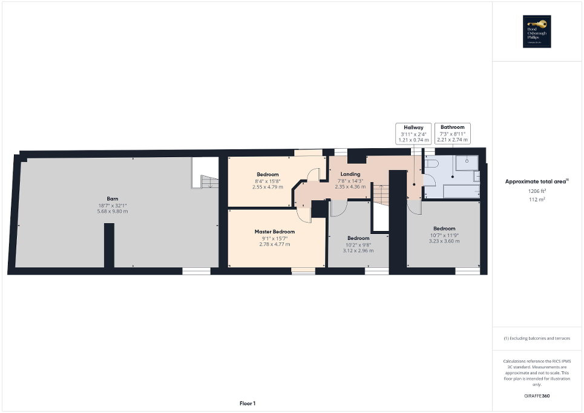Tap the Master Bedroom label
click(275, 232)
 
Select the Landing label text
click(350, 174)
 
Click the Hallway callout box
click(413, 134)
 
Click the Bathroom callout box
click(452, 134)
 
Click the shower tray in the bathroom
click(467, 167)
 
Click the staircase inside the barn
click(208, 181)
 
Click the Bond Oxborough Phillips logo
click(537, 31)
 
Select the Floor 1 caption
click(246, 403)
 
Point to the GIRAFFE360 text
click(537, 396)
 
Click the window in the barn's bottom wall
click(196, 272)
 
